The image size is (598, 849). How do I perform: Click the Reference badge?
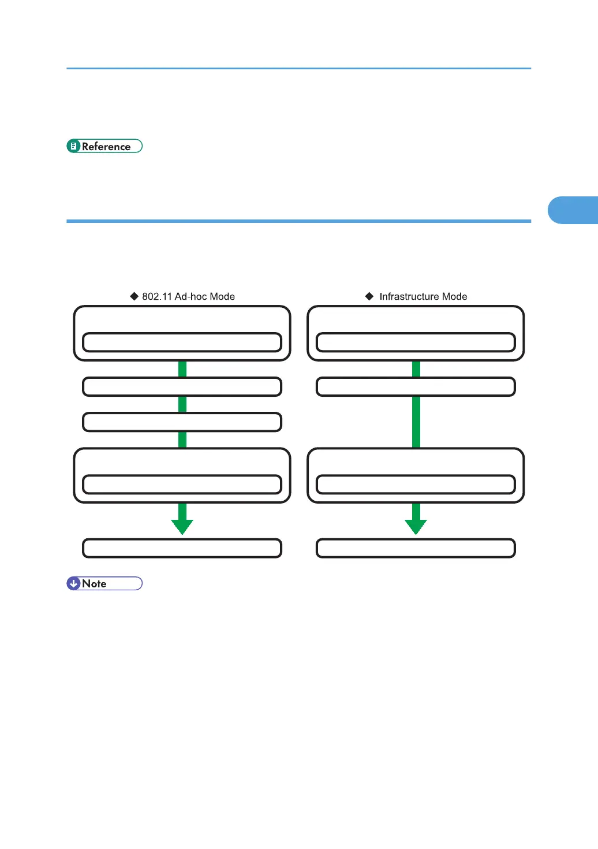[104, 146]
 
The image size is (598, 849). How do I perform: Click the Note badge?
[104, 583]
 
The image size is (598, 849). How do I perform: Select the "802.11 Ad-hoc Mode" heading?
[188, 296]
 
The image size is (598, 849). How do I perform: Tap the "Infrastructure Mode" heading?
[423, 296]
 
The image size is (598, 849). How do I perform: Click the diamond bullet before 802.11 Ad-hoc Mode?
[134, 296]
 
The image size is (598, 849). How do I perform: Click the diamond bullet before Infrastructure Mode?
[369, 296]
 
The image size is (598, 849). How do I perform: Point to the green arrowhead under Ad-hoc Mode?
[182, 526]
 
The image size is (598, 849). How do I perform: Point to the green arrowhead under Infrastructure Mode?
[416, 526]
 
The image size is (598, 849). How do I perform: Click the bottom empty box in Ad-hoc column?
[182, 548]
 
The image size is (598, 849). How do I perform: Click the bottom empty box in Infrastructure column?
[416, 548]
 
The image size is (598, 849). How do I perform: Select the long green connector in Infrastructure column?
[416, 422]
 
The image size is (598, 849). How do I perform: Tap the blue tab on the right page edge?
[573, 210]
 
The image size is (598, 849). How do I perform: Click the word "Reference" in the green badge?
[106, 147]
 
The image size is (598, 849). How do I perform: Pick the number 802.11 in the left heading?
[157, 296]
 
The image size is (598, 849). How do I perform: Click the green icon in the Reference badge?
[73, 146]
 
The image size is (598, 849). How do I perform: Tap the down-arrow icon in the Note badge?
[73, 583]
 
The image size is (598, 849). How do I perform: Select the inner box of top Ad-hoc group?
[182, 342]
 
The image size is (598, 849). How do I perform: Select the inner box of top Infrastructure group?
[416, 342]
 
